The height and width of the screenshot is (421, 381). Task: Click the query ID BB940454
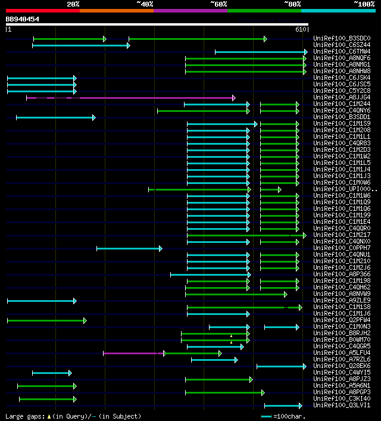23,19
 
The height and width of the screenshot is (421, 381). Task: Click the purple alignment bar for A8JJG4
131,98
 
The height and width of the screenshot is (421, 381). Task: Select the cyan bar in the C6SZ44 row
81,45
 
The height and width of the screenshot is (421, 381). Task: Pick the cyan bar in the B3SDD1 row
55,117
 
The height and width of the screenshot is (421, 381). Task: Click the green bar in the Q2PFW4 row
46,320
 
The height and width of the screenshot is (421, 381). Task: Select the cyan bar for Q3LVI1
283,406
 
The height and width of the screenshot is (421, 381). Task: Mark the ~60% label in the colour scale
219,4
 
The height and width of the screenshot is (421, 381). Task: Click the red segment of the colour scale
42,11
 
